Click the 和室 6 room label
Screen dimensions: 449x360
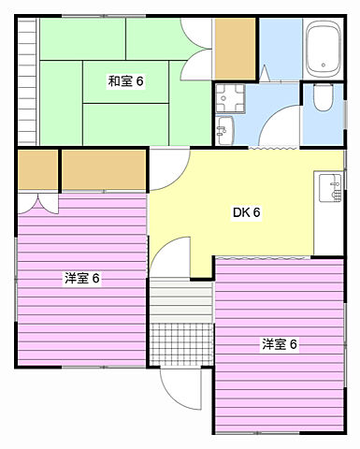coord(125,81)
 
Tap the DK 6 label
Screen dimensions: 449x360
coord(246,211)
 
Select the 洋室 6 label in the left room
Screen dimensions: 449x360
coord(81,278)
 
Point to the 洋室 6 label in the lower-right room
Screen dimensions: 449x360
coord(279,343)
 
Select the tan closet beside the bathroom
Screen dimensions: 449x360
coord(234,48)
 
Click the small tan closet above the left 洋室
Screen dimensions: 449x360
coord(37,170)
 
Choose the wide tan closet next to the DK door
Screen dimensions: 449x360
coord(103,170)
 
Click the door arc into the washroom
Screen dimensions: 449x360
coord(277,130)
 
